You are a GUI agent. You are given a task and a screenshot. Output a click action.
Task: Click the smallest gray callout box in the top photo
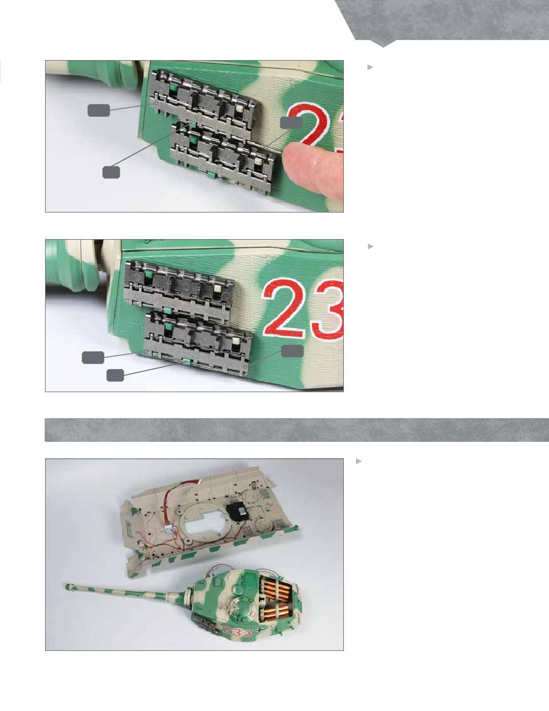click(x=111, y=172)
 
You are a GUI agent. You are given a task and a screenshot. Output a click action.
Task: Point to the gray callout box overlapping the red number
click(x=291, y=122)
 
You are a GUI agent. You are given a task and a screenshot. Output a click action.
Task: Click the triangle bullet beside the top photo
click(x=370, y=67)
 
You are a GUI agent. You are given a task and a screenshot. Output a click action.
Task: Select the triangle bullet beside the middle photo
click(x=370, y=247)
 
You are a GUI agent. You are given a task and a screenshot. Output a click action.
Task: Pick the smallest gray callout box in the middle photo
click(x=115, y=375)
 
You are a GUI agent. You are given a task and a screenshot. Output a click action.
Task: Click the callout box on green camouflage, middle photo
click(x=292, y=351)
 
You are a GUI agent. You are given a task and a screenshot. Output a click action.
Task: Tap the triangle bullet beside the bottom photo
click(x=359, y=461)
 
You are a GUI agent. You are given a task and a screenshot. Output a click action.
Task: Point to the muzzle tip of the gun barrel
click(x=68, y=586)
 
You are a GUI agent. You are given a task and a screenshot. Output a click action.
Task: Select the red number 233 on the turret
click(x=238, y=633)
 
